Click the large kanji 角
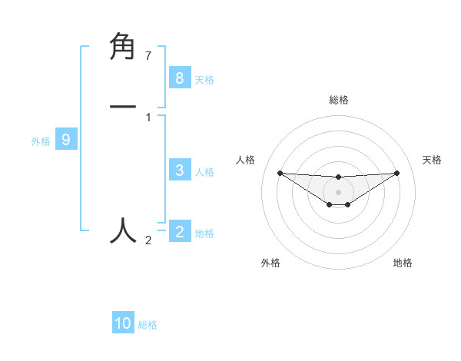tap(124, 48)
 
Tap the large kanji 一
tap(124, 107)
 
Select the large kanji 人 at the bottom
tap(124, 230)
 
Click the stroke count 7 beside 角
tap(148, 56)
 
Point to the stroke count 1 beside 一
tap(148, 118)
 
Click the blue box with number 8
tap(179, 78)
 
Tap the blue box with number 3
tap(179, 171)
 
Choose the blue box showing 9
tap(66, 140)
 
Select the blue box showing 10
tap(123, 323)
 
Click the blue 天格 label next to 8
tap(204, 79)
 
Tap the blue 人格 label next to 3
tap(204, 172)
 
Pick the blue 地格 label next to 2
tap(204, 233)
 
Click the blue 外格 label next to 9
tap(41, 141)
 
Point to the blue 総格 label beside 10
tap(148, 325)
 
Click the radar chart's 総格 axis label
tap(338, 100)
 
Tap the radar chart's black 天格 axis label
tap(433, 160)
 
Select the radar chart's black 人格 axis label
tap(246, 160)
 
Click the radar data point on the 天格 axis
tap(396, 173)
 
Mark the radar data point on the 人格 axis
tap(280, 173)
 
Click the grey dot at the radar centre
tap(338, 191)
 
